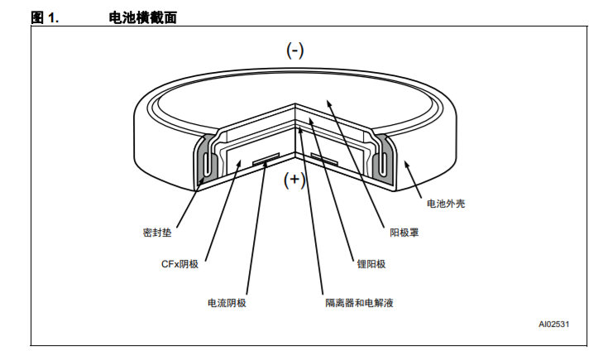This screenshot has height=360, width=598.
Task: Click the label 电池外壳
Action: click(x=446, y=204)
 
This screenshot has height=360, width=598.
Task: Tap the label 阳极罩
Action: click(x=404, y=233)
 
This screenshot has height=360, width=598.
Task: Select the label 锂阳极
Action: click(x=371, y=264)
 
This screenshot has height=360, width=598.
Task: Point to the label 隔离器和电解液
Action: click(x=359, y=303)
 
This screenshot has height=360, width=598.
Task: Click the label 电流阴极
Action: click(x=227, y=303)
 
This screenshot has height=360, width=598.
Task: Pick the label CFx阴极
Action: click(x=179, y=264)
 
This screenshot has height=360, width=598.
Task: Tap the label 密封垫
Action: click(x=157, y=233)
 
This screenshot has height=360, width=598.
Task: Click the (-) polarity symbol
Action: click(x=294, y=50)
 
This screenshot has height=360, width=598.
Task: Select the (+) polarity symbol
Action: click(x=294, y=179)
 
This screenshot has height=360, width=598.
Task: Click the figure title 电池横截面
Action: click(x=142, y=17)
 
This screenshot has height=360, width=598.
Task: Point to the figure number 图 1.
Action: click(x=45, y=17)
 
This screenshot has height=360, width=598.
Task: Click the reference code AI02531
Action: click(x=554, y=324)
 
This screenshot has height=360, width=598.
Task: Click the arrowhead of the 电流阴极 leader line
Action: click(x=266, y=164)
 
